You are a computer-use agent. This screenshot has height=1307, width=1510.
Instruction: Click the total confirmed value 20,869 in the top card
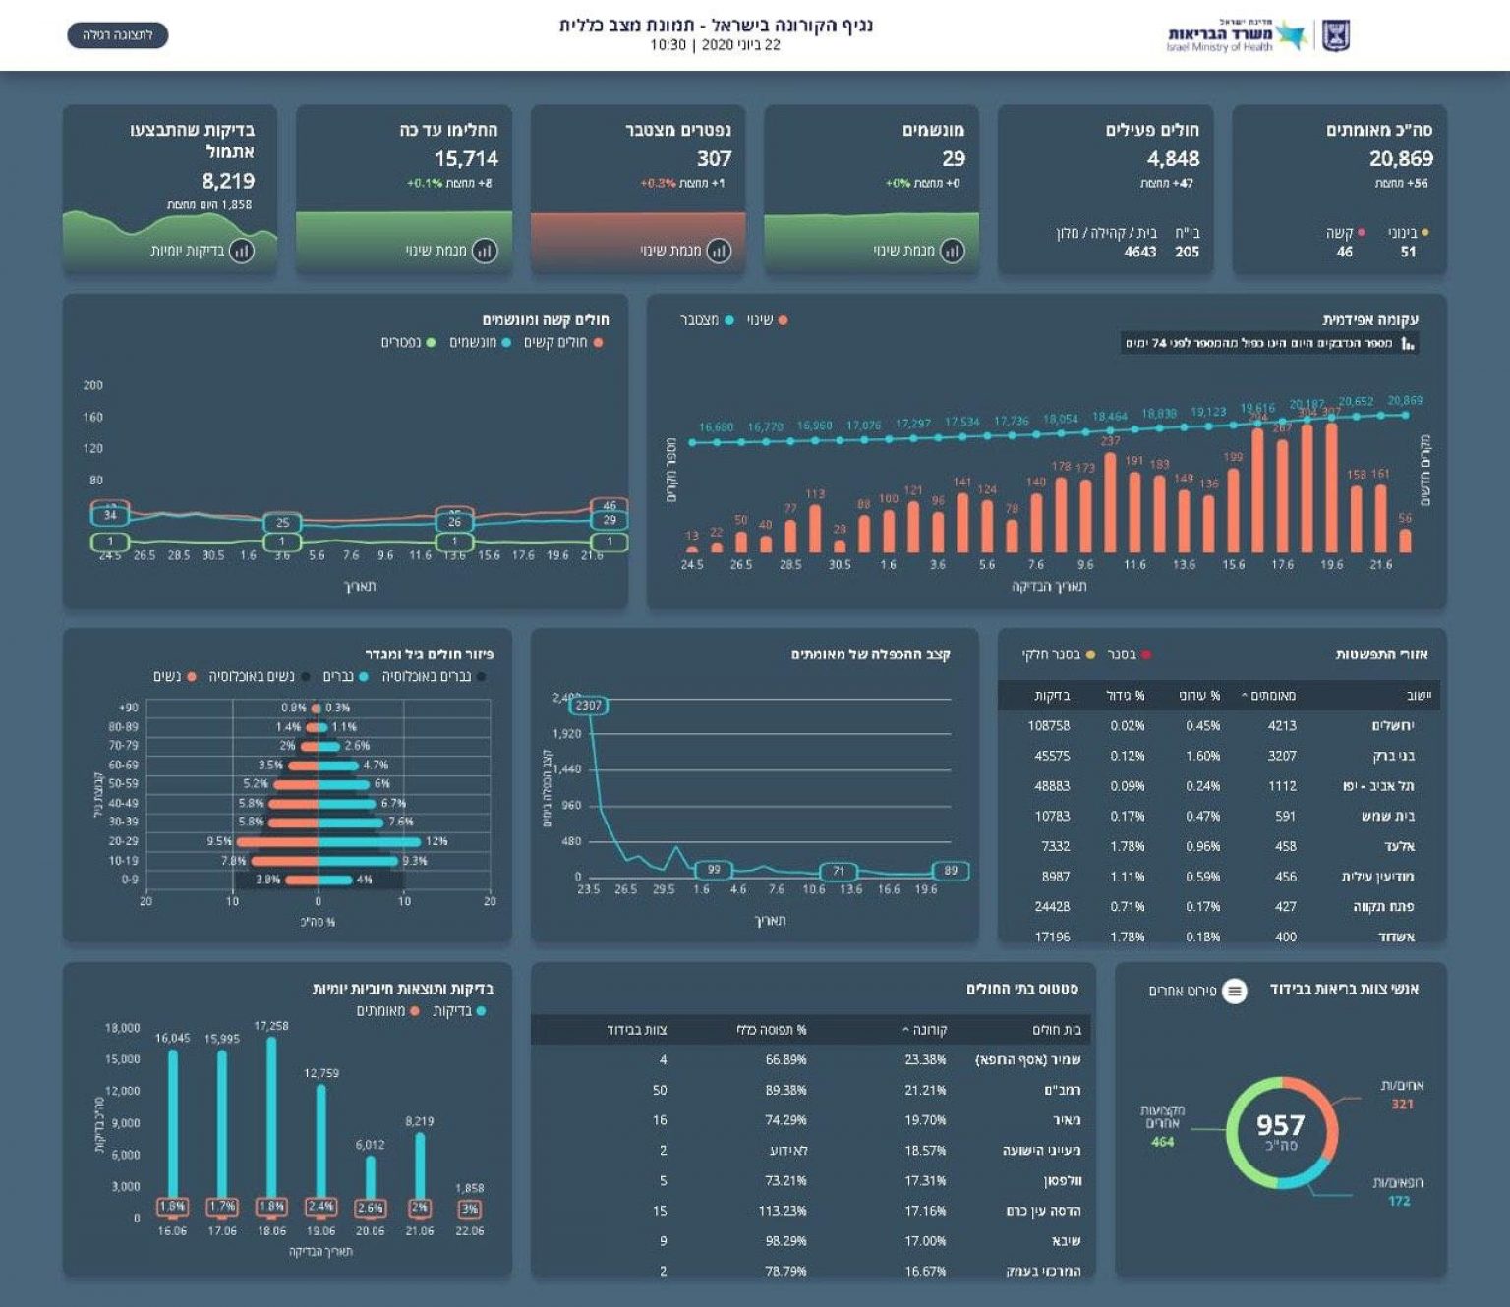(x=1401, y=159)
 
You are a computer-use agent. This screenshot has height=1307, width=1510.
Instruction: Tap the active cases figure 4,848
(x=1173, y=159)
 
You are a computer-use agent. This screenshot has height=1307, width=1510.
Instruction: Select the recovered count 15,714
(x=466, y=159)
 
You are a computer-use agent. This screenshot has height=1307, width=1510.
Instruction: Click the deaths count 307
(x=715, y=159)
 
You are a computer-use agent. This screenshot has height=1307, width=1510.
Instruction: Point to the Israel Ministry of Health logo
(x=1258, y=36)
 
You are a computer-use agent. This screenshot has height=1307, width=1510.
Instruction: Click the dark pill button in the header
(x=118, y=36)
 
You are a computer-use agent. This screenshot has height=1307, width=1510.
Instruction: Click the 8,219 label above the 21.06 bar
(x=420, y=1121)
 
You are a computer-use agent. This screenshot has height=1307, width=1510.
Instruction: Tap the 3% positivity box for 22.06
(x=470, y=1209)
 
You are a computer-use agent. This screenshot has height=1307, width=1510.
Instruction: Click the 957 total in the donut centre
(x=1280, y=1126)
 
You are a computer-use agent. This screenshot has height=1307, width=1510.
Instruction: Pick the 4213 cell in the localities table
(x=1282, y=726)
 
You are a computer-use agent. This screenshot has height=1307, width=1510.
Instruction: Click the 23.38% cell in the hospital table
(x=925, y=1060)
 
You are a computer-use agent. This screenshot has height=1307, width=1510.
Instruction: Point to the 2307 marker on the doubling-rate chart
(x=589, y=706)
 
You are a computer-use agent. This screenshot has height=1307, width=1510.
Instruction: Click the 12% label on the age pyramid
(x=436, y=841)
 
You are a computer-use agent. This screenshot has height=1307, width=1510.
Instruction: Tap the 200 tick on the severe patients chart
(x=93, y=385)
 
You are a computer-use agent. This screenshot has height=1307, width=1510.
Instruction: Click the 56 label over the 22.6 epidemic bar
(x=1405, y=518)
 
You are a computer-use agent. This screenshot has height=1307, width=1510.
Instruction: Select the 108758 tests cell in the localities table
(x=1049, y=726)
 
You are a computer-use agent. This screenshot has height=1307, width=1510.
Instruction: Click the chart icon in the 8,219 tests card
(x=242, y=251)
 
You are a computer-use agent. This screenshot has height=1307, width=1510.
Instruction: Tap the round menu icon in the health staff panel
(x=1235, y=991)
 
